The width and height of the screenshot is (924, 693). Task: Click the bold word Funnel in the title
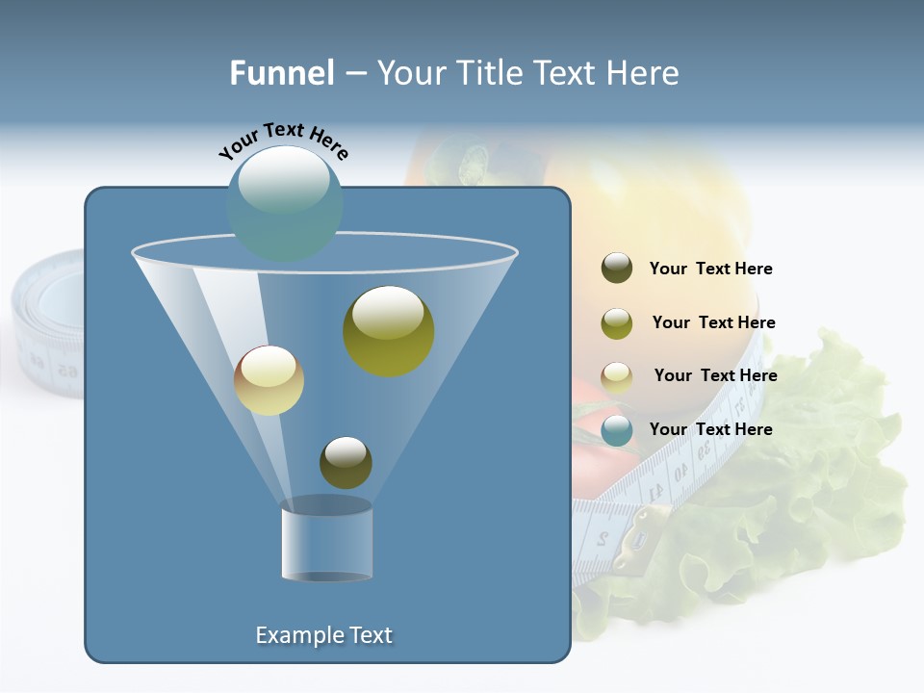click(x=281, y=73)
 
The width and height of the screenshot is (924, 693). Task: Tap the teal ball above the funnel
click(x=285, y=203)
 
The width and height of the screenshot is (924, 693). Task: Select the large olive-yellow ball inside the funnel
click(x=388, y=330)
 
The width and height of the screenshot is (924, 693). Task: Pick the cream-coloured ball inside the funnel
click(x=269, y=380)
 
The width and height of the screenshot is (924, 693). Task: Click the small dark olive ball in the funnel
click(x=346, y=462)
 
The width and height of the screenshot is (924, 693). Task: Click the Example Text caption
click(x=324, y=635)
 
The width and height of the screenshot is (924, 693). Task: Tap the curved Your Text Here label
click(x=283, y=141)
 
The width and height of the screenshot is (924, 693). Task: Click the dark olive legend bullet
click(x=617, y=269)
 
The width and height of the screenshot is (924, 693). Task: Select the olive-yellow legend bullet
click(x=617, y=323)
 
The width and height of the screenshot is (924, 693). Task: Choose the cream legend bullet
click(x=617, y=377)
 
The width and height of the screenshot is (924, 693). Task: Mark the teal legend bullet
click(x=617, y=430)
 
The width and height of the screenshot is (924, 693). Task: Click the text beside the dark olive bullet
click(x=710, y=269)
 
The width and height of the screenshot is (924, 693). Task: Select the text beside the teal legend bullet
click(x=710, y=429)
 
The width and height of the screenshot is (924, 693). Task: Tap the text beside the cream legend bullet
click(x=715, y=375)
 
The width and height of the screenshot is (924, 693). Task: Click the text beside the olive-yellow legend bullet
click(x=713, y=322)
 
